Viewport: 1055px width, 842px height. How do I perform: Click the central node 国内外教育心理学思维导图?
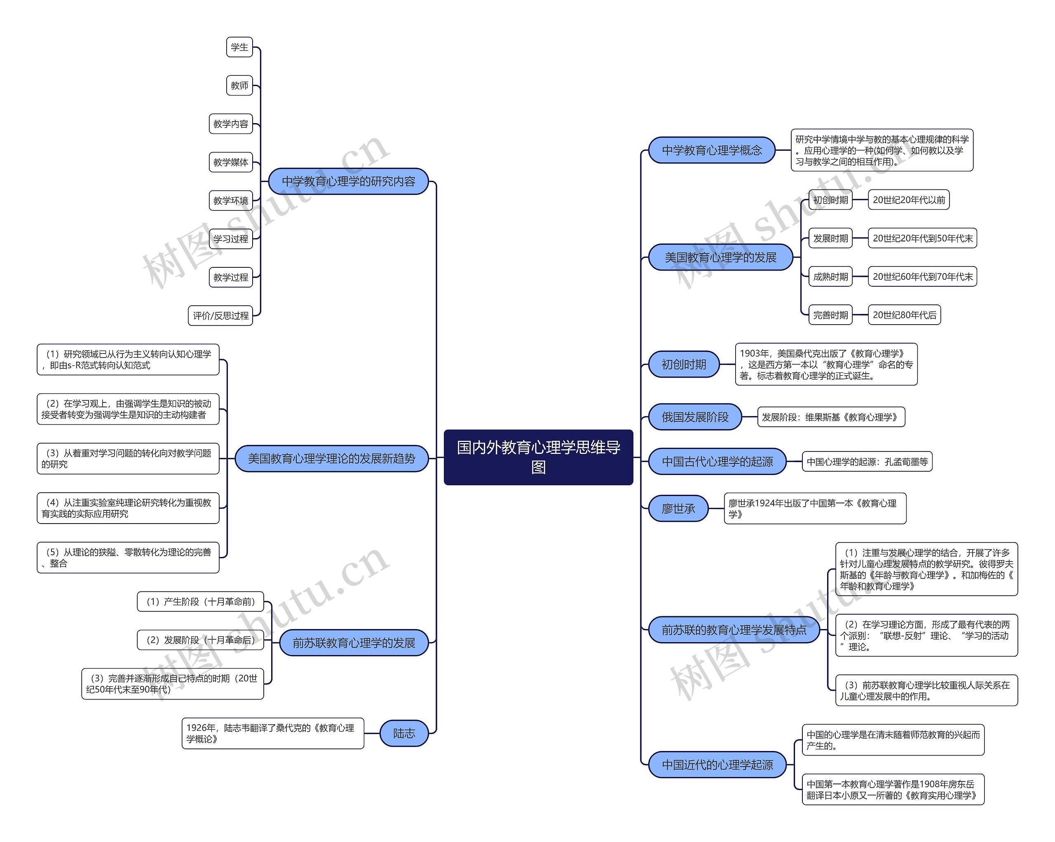(x=538, y=457)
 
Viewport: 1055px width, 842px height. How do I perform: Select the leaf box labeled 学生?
(x=239, y=47)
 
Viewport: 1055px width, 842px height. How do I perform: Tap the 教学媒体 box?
(x=230, y=162)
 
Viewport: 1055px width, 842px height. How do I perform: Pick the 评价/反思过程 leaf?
(x=220, y=316)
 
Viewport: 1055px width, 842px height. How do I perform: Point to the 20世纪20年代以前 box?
(x=908, y=200)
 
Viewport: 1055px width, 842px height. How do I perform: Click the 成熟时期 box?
(x=830, y=277)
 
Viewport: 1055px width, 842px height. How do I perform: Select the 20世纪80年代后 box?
(x=904, y=315)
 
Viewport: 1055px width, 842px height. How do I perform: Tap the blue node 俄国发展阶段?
(x=695, y=417)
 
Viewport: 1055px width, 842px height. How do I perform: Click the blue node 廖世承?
(x=678, y=509)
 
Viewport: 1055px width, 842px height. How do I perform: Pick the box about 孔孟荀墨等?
(x=867, y=462)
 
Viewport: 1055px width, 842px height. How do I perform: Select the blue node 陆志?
(x=404, y=733)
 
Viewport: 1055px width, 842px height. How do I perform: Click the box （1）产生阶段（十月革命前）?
(x=200, y=602)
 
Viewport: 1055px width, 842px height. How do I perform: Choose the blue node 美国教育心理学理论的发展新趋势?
(x=331, y=458)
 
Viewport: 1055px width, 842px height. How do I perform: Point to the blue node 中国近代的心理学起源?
(x=717, y=765)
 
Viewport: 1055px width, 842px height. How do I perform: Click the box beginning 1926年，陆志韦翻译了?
(x=272, y=733)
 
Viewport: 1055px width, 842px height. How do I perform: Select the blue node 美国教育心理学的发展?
(x=720, y=257)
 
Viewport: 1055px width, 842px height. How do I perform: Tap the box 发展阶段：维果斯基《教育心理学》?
(x=831, y=417)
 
